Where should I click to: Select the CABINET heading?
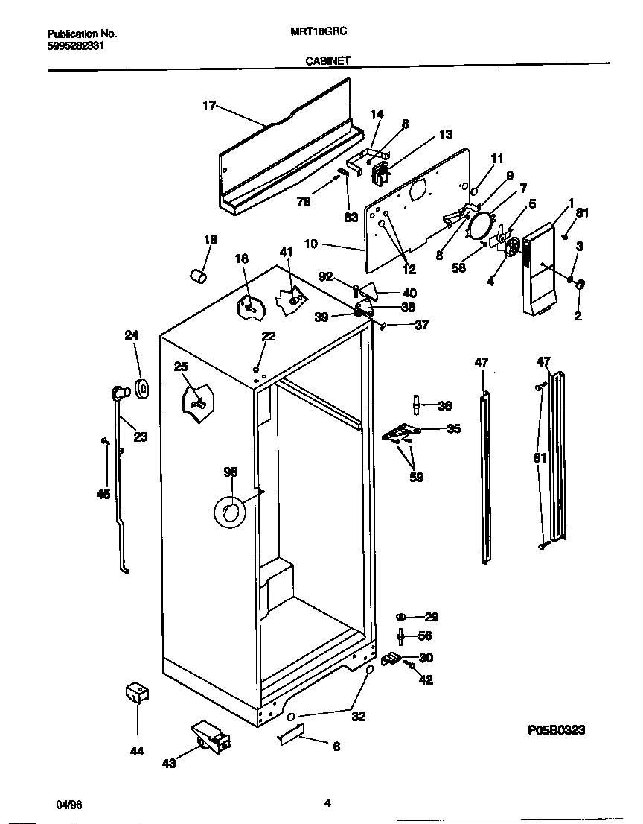[327, 63]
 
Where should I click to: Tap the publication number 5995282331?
[75, 45]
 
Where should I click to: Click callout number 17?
[209, 106]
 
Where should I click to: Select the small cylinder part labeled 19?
[199, 277]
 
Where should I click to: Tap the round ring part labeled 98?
[230, 513]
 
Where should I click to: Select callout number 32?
[359, 717]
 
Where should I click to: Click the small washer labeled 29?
[401, 617]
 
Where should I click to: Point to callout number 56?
[425, 636]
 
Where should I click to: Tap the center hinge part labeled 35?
[402, 433]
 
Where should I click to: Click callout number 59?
[416, 478]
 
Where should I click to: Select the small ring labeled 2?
[580, 284]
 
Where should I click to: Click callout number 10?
[311, 244]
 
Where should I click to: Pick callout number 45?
[103, 494]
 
